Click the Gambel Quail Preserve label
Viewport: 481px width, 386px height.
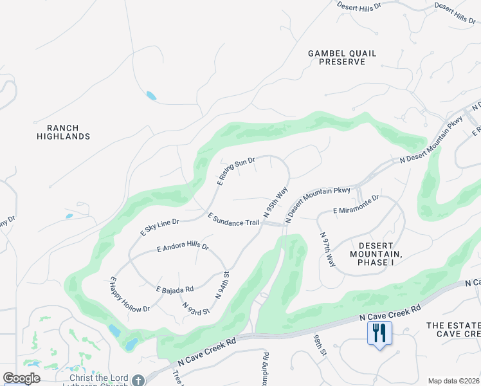[341, 57]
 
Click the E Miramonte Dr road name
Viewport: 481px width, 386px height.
[356, 206]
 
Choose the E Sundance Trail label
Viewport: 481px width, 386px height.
[233, 219]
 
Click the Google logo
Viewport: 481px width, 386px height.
[21, 378]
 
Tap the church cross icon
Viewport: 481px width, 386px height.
[137, 380]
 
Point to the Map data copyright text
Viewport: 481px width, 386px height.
[453, 381]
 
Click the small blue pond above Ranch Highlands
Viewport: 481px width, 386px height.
[151, 96]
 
